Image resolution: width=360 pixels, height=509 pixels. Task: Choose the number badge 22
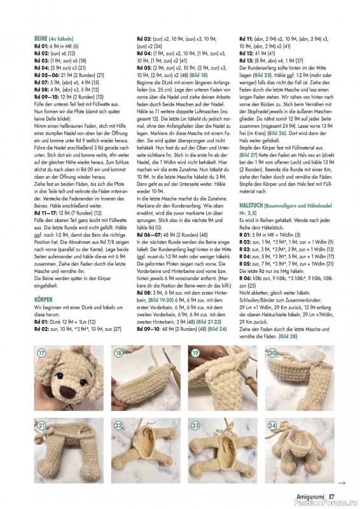point(118,426)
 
